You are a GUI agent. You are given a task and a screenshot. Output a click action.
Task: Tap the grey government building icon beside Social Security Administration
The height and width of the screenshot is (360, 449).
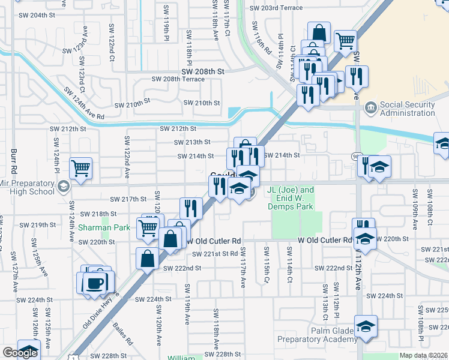[371, 108]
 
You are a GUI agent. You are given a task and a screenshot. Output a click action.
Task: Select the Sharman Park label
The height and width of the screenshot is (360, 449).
[96, 228]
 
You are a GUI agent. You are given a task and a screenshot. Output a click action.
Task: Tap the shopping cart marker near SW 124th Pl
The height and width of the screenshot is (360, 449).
[80, 168]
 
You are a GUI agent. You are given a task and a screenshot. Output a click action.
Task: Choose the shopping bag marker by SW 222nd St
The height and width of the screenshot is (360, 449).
[147, 259]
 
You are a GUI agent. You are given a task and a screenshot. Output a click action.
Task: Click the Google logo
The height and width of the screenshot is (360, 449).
[20, 353]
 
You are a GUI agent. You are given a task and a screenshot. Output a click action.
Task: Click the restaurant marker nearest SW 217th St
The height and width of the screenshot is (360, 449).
[190, 208]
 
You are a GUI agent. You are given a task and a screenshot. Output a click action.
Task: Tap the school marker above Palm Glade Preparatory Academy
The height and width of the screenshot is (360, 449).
[365, 326]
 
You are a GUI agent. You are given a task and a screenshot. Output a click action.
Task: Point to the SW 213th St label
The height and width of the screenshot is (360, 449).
[192, 142]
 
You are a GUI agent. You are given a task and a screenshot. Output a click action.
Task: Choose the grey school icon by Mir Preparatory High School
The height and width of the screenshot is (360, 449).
[63, 187]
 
